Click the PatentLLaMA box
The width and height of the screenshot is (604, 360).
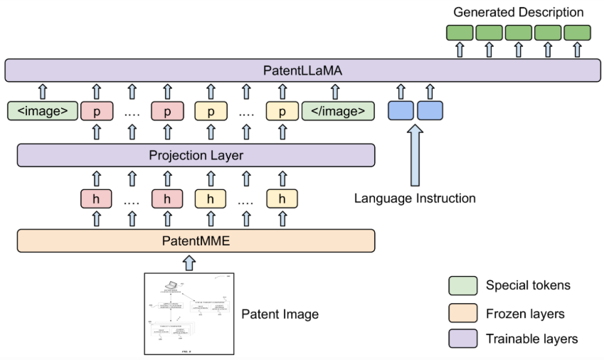[302, 70]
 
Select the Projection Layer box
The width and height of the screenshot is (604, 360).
[196, 155]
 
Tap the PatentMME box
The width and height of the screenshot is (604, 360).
[196, 240]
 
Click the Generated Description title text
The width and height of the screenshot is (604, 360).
[518, 12]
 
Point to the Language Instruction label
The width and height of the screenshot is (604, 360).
[415, 198]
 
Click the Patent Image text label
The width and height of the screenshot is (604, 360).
[279, 314]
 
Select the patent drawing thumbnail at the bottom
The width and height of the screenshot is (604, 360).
[189, 314]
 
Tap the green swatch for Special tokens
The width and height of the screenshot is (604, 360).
[462, 285]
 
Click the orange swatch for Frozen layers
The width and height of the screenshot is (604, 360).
[462, 312]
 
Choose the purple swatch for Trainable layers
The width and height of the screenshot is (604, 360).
[462, 339]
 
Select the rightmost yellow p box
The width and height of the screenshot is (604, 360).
[282, 110]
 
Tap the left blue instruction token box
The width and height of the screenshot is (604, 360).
[401, 110]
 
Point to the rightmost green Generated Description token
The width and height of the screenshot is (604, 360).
[577, 32]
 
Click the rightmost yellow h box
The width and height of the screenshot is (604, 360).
[282, 198]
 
